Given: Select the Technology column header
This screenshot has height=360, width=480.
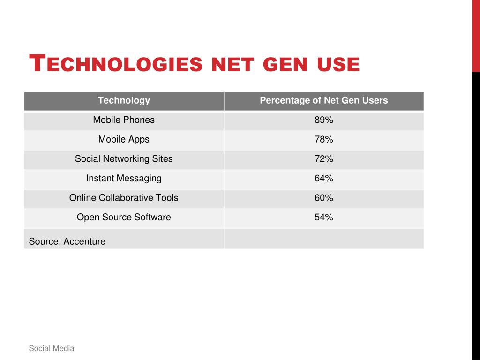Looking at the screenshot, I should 124,100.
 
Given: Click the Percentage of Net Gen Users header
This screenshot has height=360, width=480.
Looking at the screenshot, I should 324,100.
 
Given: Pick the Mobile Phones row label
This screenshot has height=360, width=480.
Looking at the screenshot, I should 124,120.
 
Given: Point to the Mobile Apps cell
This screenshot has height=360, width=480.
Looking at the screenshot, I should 124,139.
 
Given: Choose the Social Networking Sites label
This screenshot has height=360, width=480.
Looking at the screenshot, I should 124,159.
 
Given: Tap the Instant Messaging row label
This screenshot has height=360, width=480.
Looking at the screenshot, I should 124,179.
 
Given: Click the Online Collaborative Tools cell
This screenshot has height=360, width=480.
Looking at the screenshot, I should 124,198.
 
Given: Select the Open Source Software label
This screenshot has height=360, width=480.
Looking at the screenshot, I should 124,217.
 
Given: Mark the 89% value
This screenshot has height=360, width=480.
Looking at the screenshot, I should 324,120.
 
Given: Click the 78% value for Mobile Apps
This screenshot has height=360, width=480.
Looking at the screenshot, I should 324,139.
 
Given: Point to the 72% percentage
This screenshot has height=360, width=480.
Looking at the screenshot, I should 324,159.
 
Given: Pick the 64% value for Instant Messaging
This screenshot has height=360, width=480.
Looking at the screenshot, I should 324,179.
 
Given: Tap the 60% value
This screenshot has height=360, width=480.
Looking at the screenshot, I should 324,198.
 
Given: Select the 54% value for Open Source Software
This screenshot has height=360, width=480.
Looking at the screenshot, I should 324,217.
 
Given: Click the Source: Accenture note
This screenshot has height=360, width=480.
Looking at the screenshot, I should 67,242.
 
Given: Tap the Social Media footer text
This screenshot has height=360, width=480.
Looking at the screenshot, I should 52,348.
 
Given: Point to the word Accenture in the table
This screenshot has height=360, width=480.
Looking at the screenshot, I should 84,242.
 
